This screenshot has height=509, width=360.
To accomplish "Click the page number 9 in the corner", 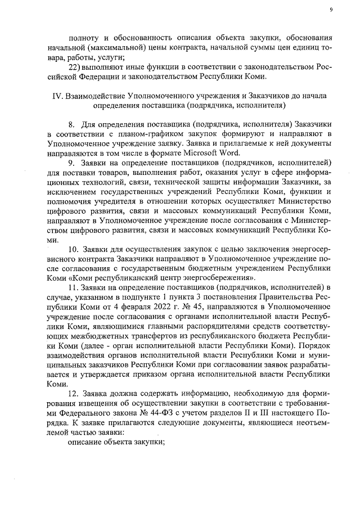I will tap(331, 10).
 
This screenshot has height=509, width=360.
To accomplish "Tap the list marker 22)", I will tap(74, 67).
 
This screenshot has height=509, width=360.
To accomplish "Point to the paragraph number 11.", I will tap(73, 287).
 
